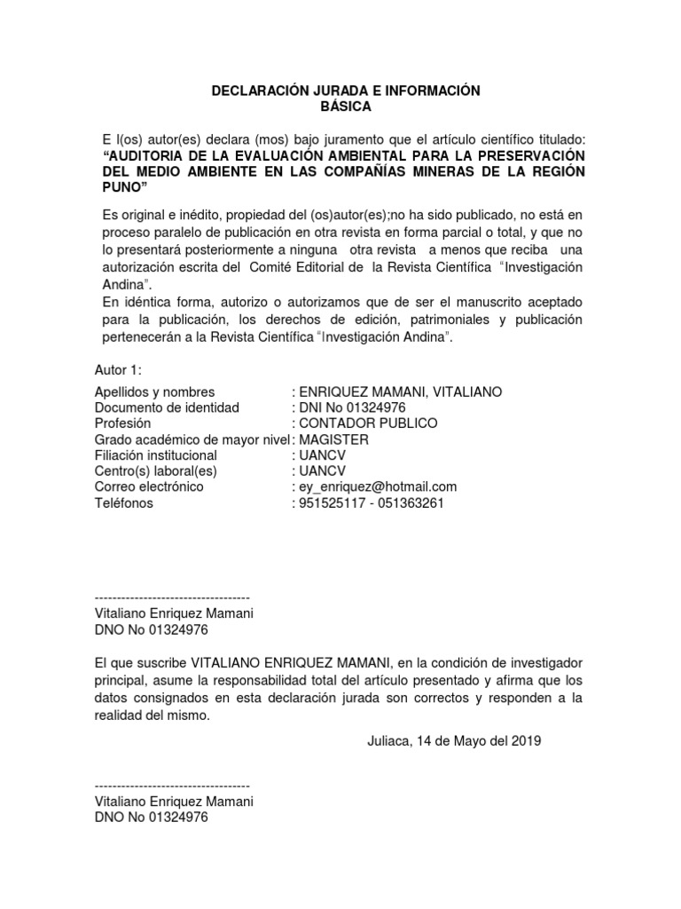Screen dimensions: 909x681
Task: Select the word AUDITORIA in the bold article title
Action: [x=144, y=156]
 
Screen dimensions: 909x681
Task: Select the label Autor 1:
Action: [x=119, y=370]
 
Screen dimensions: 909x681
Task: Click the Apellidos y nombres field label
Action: [x=154, y=392]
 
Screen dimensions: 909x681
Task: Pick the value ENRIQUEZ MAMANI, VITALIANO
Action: [x=401, y=392]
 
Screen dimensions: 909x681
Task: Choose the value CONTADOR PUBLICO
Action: [x=368, y=423]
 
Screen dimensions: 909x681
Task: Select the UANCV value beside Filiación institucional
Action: [x=324, y=455]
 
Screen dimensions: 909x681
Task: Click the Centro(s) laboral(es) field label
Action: [x=156, y=471]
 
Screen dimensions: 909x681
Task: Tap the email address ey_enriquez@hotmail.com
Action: [x=379, y=486]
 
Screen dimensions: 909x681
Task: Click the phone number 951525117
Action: [x=330, y=502]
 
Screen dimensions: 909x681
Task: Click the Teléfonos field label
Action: [x=123, y=502]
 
